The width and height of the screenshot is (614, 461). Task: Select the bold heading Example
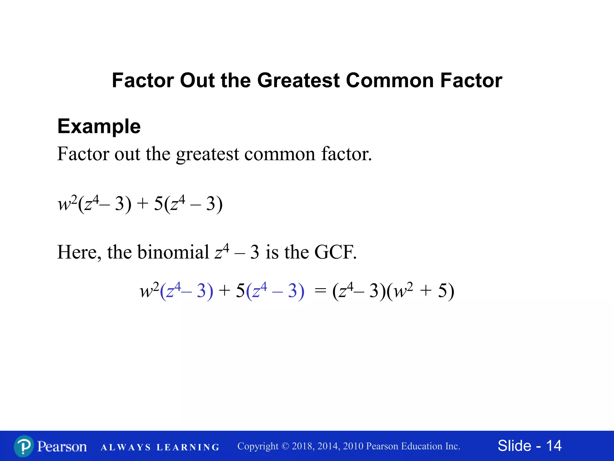(99, 126)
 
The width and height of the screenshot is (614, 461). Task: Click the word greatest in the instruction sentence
(207, 154)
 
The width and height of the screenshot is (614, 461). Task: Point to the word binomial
(173, 252)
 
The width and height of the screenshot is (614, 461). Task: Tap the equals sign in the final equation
(320, 291)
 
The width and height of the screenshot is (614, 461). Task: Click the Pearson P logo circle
(24, 446)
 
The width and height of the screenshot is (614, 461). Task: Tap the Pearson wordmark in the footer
(62, 446)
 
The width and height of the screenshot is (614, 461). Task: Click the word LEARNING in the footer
(188, 447)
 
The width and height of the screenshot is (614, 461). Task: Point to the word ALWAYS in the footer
(126, 447)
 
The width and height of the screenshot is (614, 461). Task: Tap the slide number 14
(554, 446)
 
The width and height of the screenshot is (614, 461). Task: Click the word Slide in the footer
(514, 446)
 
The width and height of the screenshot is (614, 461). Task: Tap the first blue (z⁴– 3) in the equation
(186, 291)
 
